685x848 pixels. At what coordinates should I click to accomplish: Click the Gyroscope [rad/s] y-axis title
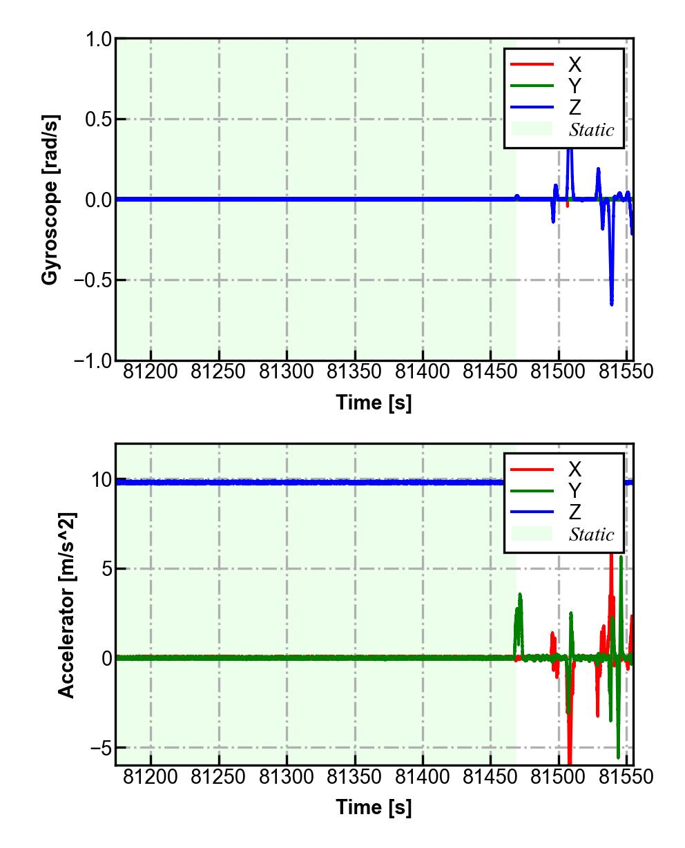point(50,199)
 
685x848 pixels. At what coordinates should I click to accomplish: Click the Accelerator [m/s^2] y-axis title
point(66,605)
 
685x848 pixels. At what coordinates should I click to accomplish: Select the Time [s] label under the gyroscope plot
point(374,403)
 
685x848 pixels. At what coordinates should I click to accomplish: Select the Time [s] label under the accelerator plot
point(374,807)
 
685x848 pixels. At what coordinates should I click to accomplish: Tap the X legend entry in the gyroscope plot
point(574,64)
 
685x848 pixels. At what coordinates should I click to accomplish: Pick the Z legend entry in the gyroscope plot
point(574,107)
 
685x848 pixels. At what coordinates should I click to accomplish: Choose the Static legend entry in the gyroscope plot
point(591,129)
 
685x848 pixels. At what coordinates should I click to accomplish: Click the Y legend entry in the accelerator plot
point(574,490)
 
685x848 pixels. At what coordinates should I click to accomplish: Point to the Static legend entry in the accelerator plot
point(591,534)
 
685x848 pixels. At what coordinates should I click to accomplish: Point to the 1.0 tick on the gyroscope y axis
point(98,39)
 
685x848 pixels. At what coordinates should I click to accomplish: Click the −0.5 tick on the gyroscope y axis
point(93,280)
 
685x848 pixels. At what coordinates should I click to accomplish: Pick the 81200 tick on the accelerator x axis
point(151,777)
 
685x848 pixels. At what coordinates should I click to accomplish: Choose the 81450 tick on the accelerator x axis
point(490,777)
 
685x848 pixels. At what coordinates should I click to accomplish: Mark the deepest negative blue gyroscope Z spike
point(611,302)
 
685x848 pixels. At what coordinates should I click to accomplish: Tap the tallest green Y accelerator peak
point(621,557)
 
